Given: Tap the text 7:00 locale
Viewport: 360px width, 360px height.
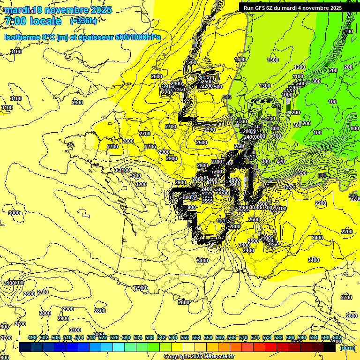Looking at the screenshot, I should [x=33, y=21].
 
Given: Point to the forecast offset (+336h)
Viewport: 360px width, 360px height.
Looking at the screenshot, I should [x=83, y=21].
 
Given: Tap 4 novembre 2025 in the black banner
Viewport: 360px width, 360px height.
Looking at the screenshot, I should [x=322, y=7].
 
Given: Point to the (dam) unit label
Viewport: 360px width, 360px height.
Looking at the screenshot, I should [x=347, y=348].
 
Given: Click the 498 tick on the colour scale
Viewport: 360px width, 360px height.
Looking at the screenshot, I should [x=32, y=337].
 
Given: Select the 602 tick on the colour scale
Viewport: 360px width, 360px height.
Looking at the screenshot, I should [x=337, y=337].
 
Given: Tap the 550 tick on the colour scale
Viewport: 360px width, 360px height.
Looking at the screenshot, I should [x=185, y=337].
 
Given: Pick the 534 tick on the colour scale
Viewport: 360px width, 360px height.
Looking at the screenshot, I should [x=138, y=337].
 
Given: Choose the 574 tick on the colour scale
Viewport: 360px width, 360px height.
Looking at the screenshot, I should [x=255, y=337].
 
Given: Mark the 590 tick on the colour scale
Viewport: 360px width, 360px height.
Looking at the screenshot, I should [x=302, y=337].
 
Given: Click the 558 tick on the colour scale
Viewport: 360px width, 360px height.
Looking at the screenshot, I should [x=208, y=337].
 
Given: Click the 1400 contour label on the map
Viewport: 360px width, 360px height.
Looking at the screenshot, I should [x=240, y=60].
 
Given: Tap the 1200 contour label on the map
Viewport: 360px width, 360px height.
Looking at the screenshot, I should [x=299, y=67].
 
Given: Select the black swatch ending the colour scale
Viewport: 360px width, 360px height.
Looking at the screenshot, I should [x=329, y=347].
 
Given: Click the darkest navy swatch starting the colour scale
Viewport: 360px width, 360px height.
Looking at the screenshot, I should [x=25, y=347].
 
